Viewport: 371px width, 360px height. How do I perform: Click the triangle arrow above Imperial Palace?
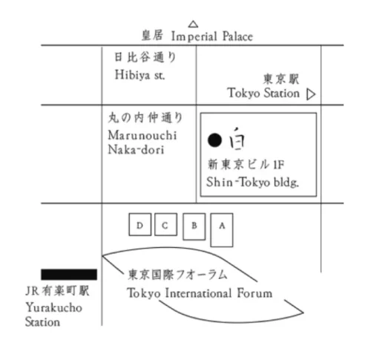(x=193, y=24)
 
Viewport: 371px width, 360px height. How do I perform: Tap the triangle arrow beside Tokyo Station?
(x=311, y=94)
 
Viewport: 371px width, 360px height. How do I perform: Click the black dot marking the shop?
(x=214, y=140)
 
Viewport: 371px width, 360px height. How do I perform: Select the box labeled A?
(x=222, y=230)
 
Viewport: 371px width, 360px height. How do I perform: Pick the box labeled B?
(x=194, y=226)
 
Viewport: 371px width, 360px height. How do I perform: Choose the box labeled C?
(x=165, y=224)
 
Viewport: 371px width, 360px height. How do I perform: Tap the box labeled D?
(x=140, y=224)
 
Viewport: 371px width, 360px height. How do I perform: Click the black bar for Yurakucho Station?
(x=69, y=275)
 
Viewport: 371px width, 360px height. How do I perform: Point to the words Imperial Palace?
(x=212, y=36)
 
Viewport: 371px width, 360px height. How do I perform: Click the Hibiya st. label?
(x=139, y=75)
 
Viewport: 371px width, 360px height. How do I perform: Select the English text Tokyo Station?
(x=263, y=93)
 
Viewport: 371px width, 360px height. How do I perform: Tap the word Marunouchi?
(x=142, y=135)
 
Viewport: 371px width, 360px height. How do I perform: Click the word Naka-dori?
(x=136, y=149)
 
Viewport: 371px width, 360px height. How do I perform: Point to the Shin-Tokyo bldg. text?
(x=252, y=183)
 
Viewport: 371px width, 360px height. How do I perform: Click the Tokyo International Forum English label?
(x=200, y=293)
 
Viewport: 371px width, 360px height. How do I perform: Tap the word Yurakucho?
(x=54, y=308)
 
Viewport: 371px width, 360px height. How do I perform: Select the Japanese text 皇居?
(x=152, y=35)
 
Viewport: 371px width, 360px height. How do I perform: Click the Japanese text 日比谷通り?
(x=145, y=57)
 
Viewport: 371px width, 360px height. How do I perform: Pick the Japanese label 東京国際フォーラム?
(x=177, y=275)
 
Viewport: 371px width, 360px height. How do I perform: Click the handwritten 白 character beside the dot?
(x=237, y=139)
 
